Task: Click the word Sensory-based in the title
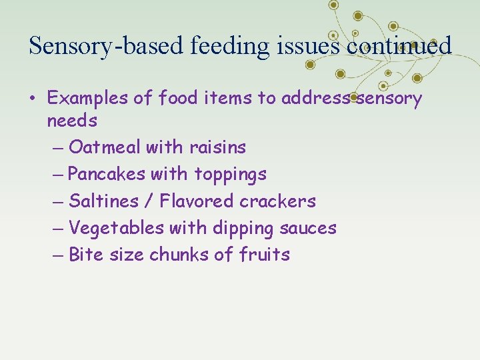click(x=107, y=45)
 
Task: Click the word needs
click(x=72, y=121)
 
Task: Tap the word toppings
click(x=230, y=175)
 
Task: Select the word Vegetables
click(x=116, y=228)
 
